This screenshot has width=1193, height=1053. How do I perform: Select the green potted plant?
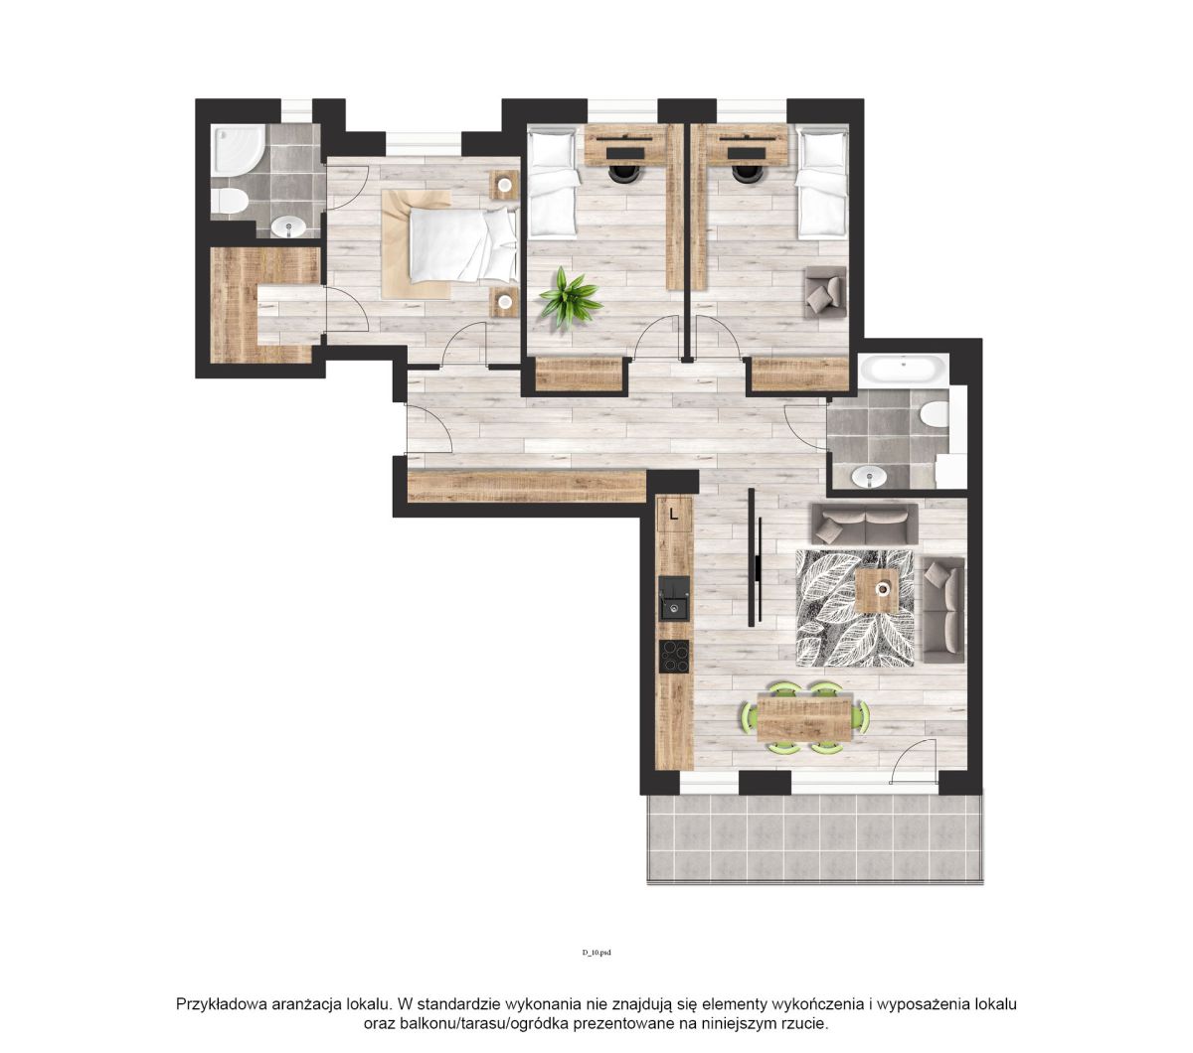point(570,298)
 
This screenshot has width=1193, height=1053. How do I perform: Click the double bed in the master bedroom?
point(461,244)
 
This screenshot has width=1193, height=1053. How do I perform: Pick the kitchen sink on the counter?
point(674,597)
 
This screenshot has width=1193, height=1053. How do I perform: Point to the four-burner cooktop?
point(674,657)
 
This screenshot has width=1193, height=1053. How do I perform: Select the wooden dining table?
point(803,717)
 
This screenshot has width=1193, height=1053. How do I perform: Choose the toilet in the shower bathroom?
point(230,201)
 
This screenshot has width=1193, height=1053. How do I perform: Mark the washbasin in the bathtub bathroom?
point(869,476)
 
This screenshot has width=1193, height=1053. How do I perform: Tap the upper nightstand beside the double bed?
point(505,185)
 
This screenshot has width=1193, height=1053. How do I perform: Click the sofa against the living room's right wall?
point(943,610)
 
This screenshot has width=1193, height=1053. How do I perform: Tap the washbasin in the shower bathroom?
point(289,226)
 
